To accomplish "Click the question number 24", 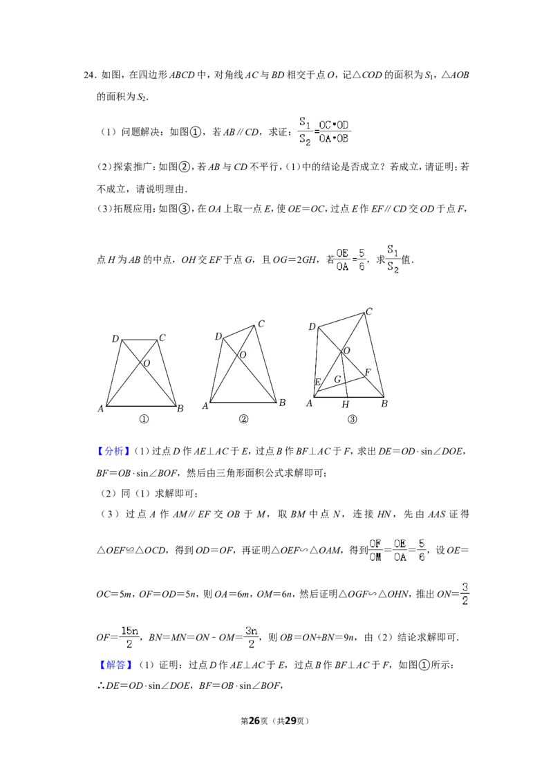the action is click(x=88, y=75).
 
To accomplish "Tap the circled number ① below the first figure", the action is click(x=144, y=419).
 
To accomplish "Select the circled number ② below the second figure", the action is click(x=243, y=419).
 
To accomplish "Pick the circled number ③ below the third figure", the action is click(x=353, y=419).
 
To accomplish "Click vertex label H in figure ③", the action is click(x=346, y=405).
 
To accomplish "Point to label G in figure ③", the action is click(x=337, y=380).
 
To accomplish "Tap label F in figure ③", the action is click(x=368, y=372).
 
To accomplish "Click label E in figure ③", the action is click(x=317, y=382).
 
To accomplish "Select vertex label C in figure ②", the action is click(x=261, y=324).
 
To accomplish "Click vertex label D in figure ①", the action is click(x=115, y=339).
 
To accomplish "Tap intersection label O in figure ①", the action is click(x=147, y=364).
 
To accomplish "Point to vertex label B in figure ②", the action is click(x=283, y=403).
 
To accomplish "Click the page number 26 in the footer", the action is click(x=254, y=721).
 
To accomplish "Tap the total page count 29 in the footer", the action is click(x=290, y=721).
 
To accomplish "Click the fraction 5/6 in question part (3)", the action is click(x=362, y=259).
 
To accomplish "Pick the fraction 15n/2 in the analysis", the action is click(x=129, y=637).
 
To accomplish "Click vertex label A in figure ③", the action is click(x=310, y=403).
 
